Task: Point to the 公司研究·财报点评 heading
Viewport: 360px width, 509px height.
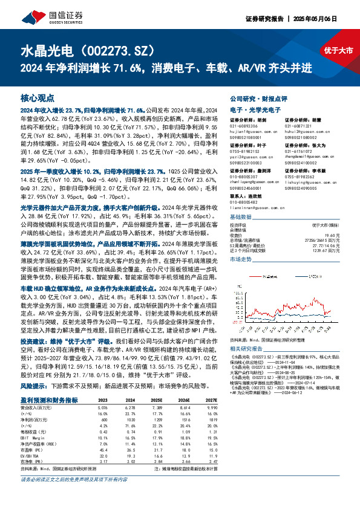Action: [258, 97]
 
